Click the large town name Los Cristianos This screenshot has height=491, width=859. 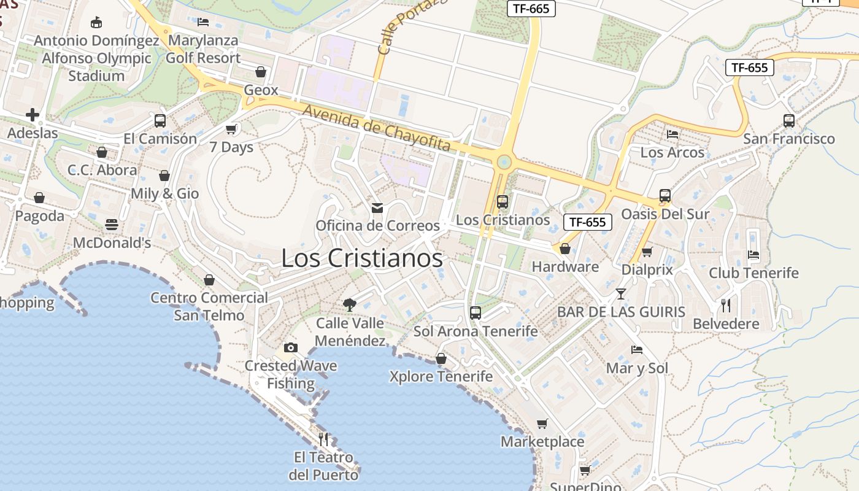tap(362, 258)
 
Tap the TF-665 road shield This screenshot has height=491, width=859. tap(531, 8)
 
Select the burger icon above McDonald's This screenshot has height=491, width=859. tap(112, 225)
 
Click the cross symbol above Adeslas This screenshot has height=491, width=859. tap(33, 115)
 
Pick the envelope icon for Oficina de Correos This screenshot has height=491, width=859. tap(377, 208)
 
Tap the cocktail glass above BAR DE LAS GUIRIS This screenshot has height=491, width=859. tap(621, 294)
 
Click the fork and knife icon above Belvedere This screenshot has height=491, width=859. tap(726, 305)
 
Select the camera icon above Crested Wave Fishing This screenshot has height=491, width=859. tap(291, 348)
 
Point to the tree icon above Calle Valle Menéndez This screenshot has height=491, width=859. tap(350, 304)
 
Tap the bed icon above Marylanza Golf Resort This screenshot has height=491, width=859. tap(203, 22)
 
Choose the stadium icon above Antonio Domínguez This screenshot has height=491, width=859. tap(96, 23)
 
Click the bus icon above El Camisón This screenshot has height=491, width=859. tap(160, 121)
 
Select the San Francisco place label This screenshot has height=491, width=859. tap(789, 139)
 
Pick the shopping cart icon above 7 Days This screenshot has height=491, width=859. tap(231, 129)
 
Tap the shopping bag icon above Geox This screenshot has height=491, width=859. tap(261, 72)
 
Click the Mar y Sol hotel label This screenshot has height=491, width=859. tap(637, 368)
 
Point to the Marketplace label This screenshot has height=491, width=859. tap(542, 442)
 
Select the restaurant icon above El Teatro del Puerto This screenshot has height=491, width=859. tap(324, 439)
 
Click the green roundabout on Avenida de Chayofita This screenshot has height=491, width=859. tap(504, 162)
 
